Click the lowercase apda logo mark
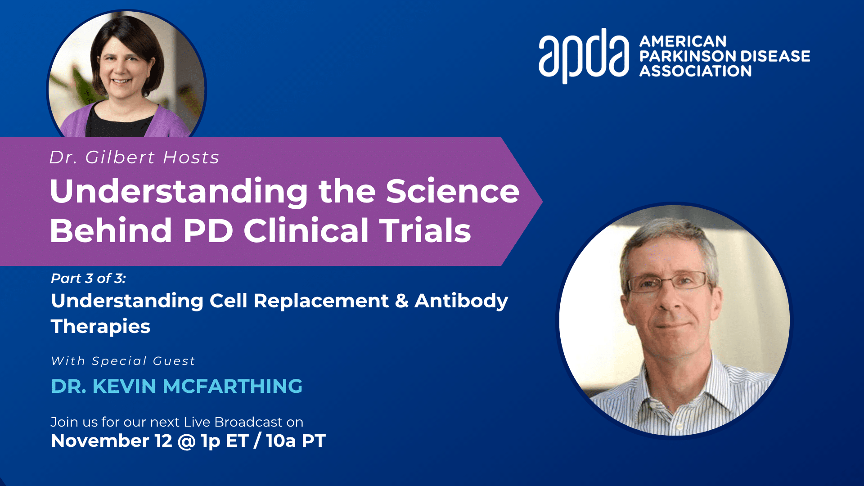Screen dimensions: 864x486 coord(584,56)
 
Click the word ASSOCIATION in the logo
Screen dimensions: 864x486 coord(696,71)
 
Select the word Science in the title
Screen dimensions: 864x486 coord(453,191)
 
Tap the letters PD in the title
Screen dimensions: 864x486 coord(208,230)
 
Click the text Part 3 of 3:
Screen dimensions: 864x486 coord(88,279)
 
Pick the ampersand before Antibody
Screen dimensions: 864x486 coord(401,301)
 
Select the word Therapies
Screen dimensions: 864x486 coord(100,327)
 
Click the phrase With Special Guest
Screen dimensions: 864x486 coord(123,361)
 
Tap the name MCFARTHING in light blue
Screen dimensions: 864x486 coord(233,386)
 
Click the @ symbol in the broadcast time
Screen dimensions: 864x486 coord(186,441)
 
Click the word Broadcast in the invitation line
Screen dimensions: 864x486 coord(248,422)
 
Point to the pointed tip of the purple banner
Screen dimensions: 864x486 coord(542,202)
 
